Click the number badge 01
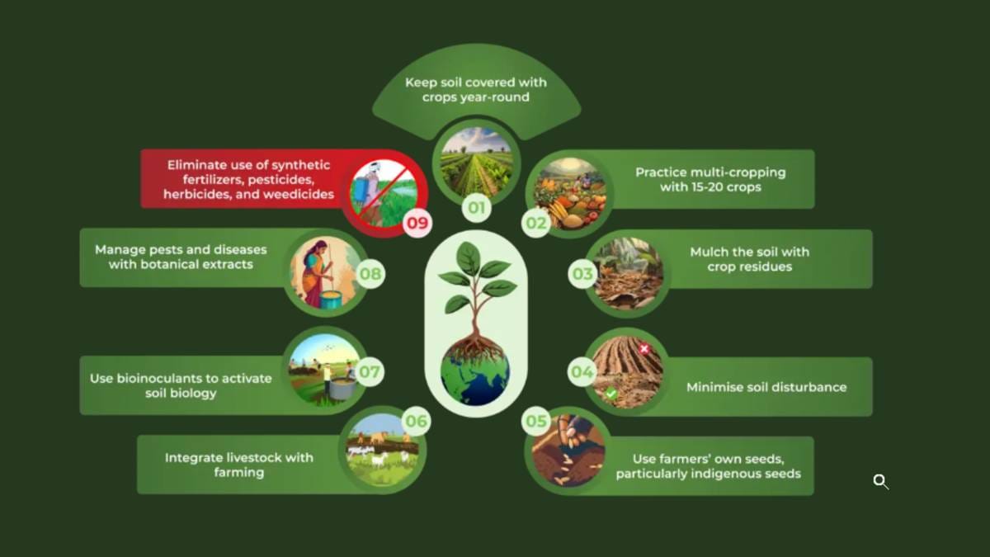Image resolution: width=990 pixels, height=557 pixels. click(x=477, y=207)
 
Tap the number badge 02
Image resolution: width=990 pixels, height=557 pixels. click(x=535, y=224)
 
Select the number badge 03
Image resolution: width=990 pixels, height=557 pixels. click(x=582, y=274)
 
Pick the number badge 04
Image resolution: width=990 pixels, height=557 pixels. click(x=582, y=372)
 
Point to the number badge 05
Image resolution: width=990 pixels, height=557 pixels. click(x=536, y=421)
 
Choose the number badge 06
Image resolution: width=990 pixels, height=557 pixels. click(x=417, y=421)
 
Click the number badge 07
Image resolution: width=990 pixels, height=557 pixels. click(x=370, y=372)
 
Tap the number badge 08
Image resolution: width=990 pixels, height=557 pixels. click(x=370, y=274)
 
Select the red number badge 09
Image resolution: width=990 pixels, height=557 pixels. click(x=417, y=224)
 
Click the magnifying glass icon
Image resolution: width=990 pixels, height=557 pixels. click(x=880, y=481)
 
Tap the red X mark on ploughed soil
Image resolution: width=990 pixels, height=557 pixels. click(x=644, y=349)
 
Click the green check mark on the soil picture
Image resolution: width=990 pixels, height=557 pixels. click(x=611, y=393)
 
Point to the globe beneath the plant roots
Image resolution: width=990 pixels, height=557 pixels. click(x=475, y=374)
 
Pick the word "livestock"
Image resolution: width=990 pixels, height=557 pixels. click(x=254, y=457)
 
